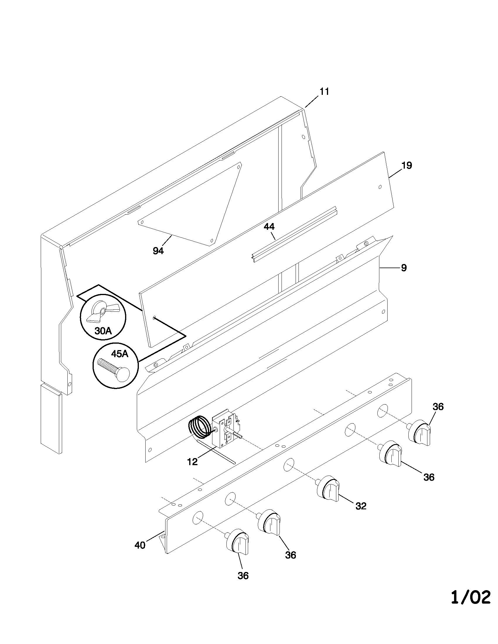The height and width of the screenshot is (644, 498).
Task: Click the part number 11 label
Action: coord(324,92)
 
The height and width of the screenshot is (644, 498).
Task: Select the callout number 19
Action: coord(407,165)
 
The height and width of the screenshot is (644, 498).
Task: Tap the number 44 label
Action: coord(269,227)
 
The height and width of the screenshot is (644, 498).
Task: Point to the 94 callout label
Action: coord(158,251)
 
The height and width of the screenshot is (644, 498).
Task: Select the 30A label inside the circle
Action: coord(103,331)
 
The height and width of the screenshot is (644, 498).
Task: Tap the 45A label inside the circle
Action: coord(120,354)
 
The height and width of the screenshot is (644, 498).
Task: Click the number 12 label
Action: coord(192,462)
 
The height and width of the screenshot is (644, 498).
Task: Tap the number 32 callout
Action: coord(361,506)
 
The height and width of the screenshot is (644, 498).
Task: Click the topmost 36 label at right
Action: coord(438,407)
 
